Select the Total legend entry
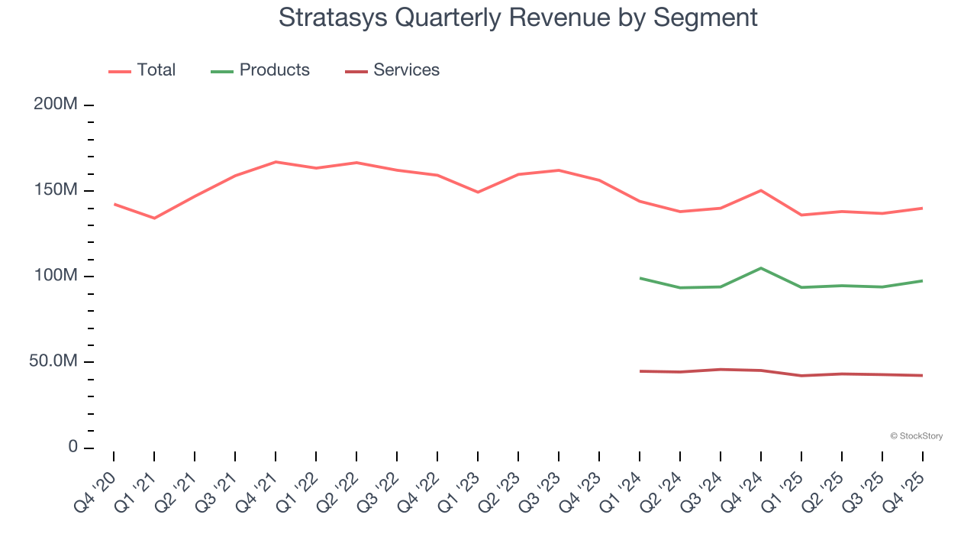point(142,70)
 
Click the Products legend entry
point(260,70)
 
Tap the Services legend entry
point(392,70)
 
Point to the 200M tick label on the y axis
point(56,104)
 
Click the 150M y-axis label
point(56,189)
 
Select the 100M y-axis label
point(56,275)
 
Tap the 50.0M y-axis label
point(53,361)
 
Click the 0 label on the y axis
point(73,446)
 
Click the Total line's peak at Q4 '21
point(276,162)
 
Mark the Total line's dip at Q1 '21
point(154,218)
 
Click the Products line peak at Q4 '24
point(761,268)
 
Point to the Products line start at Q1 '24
point(640,278)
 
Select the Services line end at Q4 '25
point(923,375)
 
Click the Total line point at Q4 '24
point(761,190)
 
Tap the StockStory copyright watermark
point(916,436)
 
